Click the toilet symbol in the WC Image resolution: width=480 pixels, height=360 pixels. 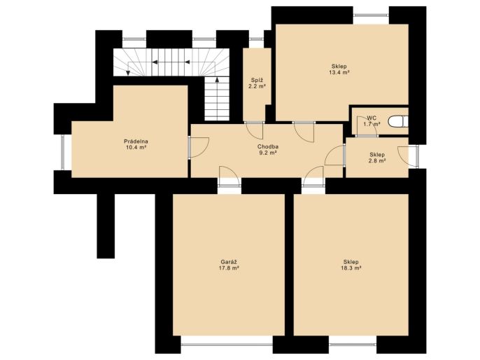(398, 122)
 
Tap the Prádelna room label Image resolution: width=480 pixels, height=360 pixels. (136, 141)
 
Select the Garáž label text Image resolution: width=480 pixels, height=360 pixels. (229, 262)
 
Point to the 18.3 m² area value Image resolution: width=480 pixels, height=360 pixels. (351, 268)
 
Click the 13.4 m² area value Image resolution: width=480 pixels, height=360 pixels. (339, 72)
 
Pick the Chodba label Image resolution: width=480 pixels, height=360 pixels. (268, 146)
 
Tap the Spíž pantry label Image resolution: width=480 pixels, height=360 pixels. (257, 81)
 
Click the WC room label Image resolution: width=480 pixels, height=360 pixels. (372, 118)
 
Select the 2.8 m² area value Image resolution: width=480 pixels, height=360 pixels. (377, 160)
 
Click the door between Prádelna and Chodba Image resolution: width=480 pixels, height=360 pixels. (199, 147)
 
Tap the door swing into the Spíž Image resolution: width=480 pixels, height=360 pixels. (254, 130)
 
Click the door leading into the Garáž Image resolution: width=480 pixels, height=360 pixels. (230, 176)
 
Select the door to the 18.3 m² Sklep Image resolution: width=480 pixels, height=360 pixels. (313, 176)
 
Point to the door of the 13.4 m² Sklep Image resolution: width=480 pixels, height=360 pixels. (304, 132)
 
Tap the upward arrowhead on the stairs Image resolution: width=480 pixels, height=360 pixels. (217, 80)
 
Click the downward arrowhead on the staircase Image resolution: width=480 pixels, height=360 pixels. (128, 73)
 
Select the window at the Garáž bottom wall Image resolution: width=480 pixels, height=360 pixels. (227, 345)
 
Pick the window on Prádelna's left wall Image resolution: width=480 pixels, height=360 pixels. (63, 152)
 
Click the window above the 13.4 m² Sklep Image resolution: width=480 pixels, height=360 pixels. (371, 15)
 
